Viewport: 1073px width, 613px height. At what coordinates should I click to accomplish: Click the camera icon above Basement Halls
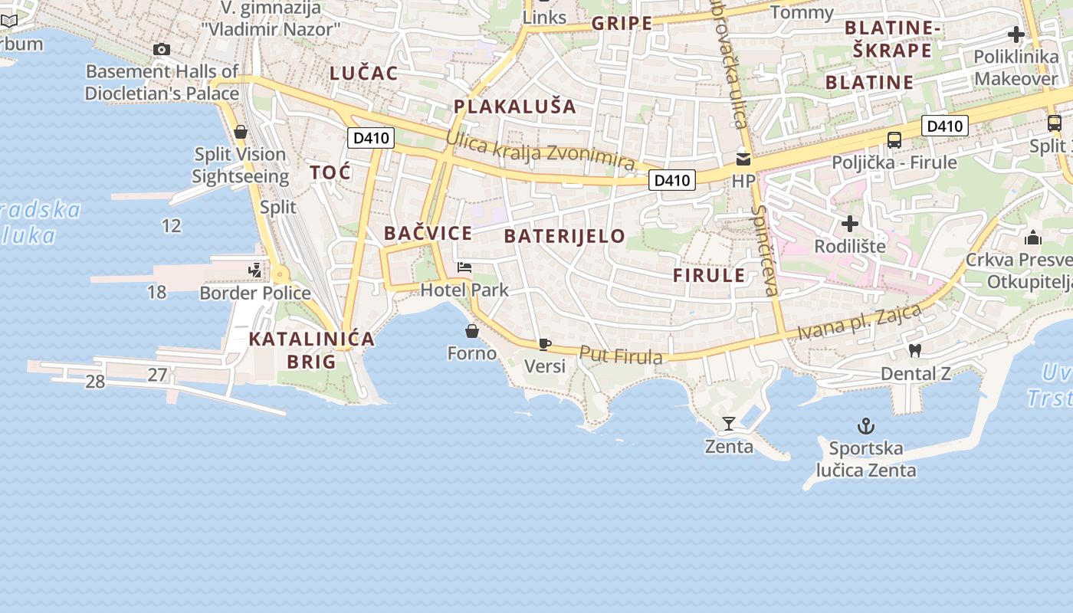[161, 50]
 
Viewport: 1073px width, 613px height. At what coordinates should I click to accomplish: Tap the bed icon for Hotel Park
[464, 267]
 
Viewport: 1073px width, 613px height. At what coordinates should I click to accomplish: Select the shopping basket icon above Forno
[472, 331]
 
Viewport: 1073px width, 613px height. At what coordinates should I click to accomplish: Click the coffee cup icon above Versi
[544, 344]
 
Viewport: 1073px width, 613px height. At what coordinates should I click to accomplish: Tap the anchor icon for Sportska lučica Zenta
[866, 426]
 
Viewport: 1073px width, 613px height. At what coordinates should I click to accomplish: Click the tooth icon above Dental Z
[914, 351]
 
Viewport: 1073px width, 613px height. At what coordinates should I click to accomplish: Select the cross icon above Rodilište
[849, 224]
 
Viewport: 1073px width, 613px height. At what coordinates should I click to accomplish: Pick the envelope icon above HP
[743, 159]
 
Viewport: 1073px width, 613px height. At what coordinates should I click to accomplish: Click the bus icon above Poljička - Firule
[894, 140]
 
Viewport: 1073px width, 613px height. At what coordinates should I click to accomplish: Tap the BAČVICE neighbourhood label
[428, 233]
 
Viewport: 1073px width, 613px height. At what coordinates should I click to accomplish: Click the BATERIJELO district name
[565, 236]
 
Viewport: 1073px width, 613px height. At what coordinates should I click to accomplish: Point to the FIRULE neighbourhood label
[709, 276]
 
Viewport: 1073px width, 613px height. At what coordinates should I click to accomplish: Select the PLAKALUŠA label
[514, 107]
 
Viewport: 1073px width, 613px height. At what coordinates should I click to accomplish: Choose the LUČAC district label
[364, 74]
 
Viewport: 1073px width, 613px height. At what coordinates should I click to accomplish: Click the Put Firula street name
[621, 356]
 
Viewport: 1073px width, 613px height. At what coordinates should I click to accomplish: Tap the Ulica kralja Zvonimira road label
[540, 151]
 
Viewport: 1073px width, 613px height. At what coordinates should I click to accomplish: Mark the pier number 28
[95, 382]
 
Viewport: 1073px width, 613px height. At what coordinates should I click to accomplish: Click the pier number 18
[156, 292]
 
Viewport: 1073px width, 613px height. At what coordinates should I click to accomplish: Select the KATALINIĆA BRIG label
[312, 349]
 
